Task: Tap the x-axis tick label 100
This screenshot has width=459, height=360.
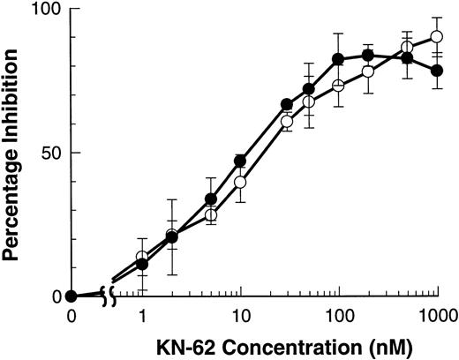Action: click(338, 315)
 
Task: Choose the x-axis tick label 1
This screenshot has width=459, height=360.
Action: click(142, 315)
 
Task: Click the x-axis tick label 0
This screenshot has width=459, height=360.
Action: click(72, 315)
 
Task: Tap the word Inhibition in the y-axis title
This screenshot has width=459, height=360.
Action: click(13, 94)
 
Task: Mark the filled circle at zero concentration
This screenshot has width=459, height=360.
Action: click(72, 296)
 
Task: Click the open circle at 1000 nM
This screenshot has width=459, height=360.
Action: click(436, 37)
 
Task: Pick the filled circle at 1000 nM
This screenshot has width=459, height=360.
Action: click(436, 71)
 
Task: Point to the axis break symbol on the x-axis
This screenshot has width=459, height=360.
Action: click(108, 296)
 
